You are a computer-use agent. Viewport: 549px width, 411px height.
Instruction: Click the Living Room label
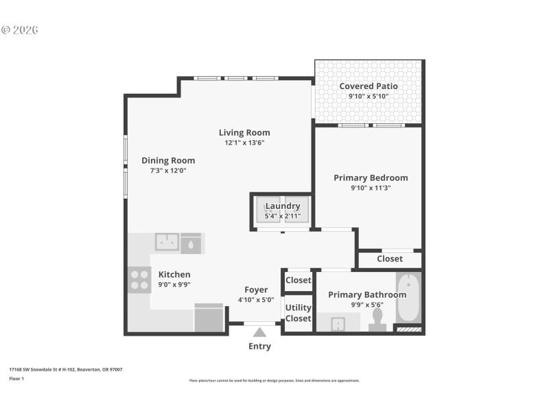[x=244, y=132]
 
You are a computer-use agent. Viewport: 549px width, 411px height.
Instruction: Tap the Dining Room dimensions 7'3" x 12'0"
[x=168, y=171]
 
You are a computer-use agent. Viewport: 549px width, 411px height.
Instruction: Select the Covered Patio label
[x=369, y=86]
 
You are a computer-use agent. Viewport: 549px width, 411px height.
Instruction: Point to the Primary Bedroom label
[x=371, y=177]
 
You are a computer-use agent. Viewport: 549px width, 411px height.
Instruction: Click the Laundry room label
[x=282, y=206]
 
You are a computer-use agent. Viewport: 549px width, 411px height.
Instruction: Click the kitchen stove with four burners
[x=139, y=279]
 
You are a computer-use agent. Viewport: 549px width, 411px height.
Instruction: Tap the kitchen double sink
[x=167, y=242]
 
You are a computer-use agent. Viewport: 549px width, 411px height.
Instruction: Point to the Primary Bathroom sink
[x=337, y=323]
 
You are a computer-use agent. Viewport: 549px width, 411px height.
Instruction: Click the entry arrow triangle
[x=259, y=332]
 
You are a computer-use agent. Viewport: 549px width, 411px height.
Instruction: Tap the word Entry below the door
[x=259, y=346]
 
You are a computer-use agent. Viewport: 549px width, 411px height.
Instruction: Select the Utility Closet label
[x=298, y=313]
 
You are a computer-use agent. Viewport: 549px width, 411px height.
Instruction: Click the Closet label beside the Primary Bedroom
[x=390, y=259]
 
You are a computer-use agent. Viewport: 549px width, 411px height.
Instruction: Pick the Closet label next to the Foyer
[x=298, y=280]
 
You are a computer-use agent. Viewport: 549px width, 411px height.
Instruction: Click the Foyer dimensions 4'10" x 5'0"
[x=256, y=299]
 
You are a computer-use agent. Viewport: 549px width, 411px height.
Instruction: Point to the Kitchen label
[x=174, y=274]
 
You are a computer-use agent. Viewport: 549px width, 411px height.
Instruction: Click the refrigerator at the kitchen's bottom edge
[x=209, y=318]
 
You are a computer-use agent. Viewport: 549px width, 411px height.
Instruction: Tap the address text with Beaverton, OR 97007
[x=65, y=369]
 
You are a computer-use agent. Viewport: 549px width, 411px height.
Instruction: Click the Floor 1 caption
[x=16, y=378]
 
